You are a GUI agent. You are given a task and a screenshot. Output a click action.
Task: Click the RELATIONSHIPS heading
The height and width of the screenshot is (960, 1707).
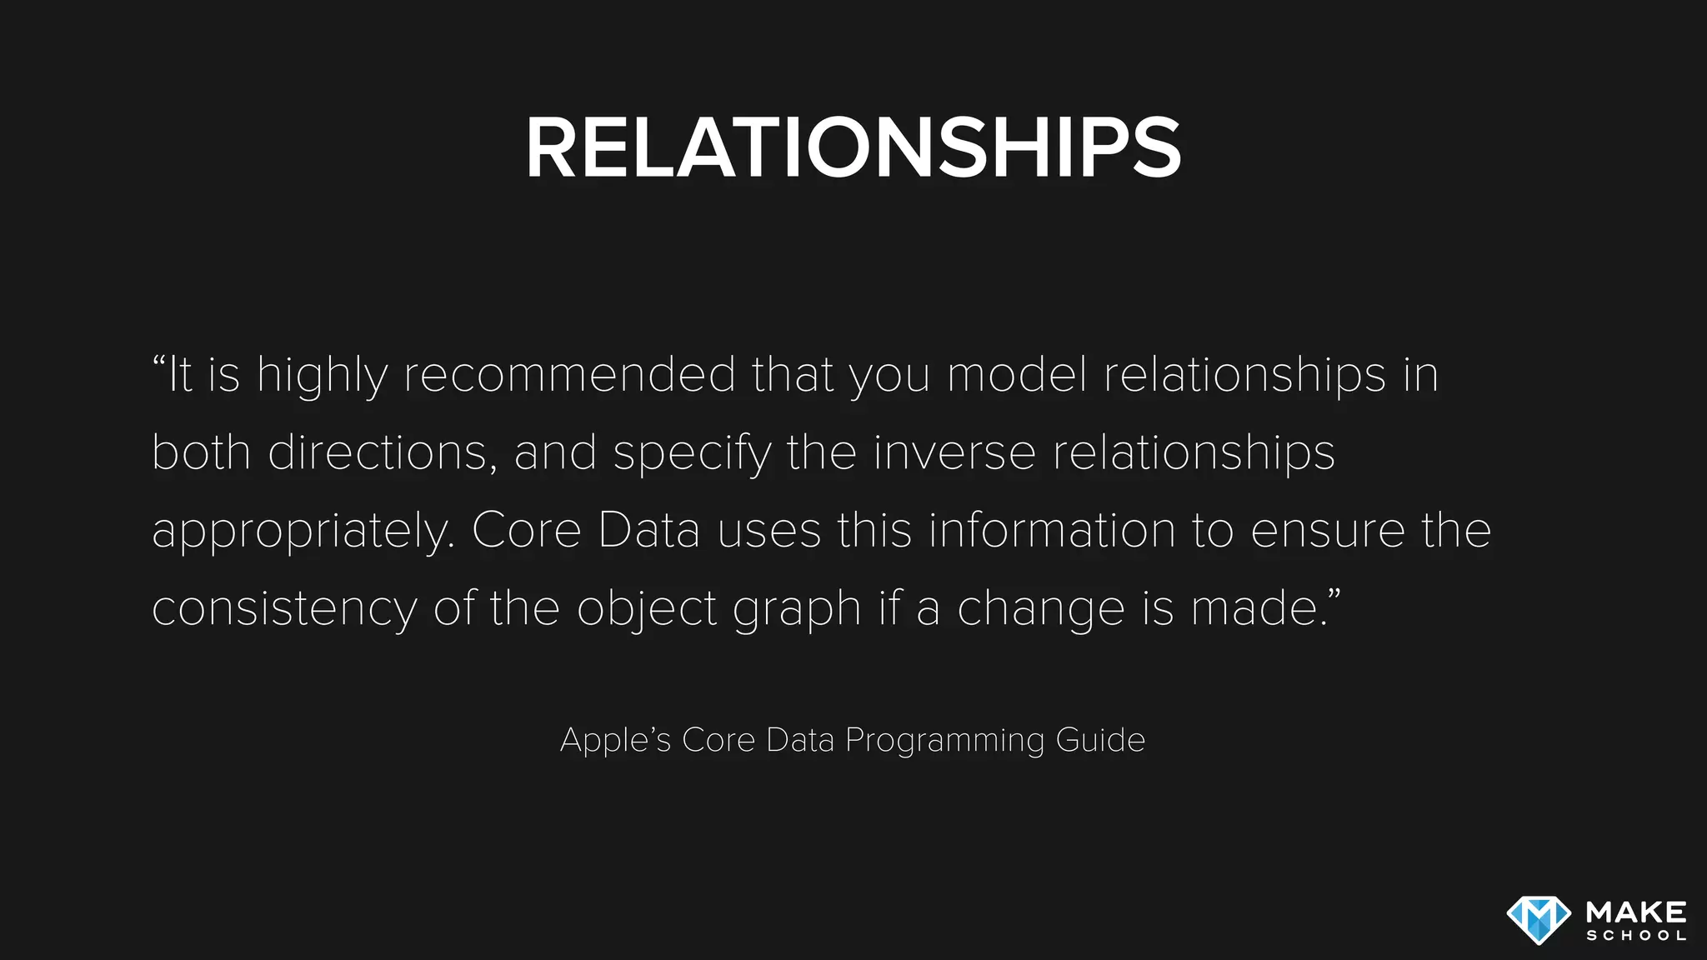coord(853,147)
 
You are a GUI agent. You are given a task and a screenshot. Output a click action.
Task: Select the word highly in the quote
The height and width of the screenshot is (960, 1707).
coord(322,375)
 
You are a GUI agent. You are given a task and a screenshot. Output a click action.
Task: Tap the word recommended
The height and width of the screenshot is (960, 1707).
coord(570,374)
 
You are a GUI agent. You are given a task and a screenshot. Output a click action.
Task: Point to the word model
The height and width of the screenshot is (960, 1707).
coord(1017,374)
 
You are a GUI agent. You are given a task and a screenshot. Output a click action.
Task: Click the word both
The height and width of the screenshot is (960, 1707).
coord(201,452)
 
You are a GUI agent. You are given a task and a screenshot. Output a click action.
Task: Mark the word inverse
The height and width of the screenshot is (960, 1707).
coord(954,452)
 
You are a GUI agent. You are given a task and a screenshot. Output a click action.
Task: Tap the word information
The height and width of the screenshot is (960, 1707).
coord(1051,530)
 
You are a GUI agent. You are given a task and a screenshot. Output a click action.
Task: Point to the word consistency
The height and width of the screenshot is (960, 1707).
coord(284,608)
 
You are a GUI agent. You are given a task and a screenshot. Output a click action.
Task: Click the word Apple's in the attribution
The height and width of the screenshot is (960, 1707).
coord(615,740)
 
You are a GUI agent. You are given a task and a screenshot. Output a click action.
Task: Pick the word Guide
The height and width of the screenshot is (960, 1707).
coord(1100,740)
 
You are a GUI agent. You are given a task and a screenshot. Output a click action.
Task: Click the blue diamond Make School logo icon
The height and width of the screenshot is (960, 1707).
coord(1538,920)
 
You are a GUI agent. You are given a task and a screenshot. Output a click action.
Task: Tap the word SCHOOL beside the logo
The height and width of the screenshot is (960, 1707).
coord(1636,936)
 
